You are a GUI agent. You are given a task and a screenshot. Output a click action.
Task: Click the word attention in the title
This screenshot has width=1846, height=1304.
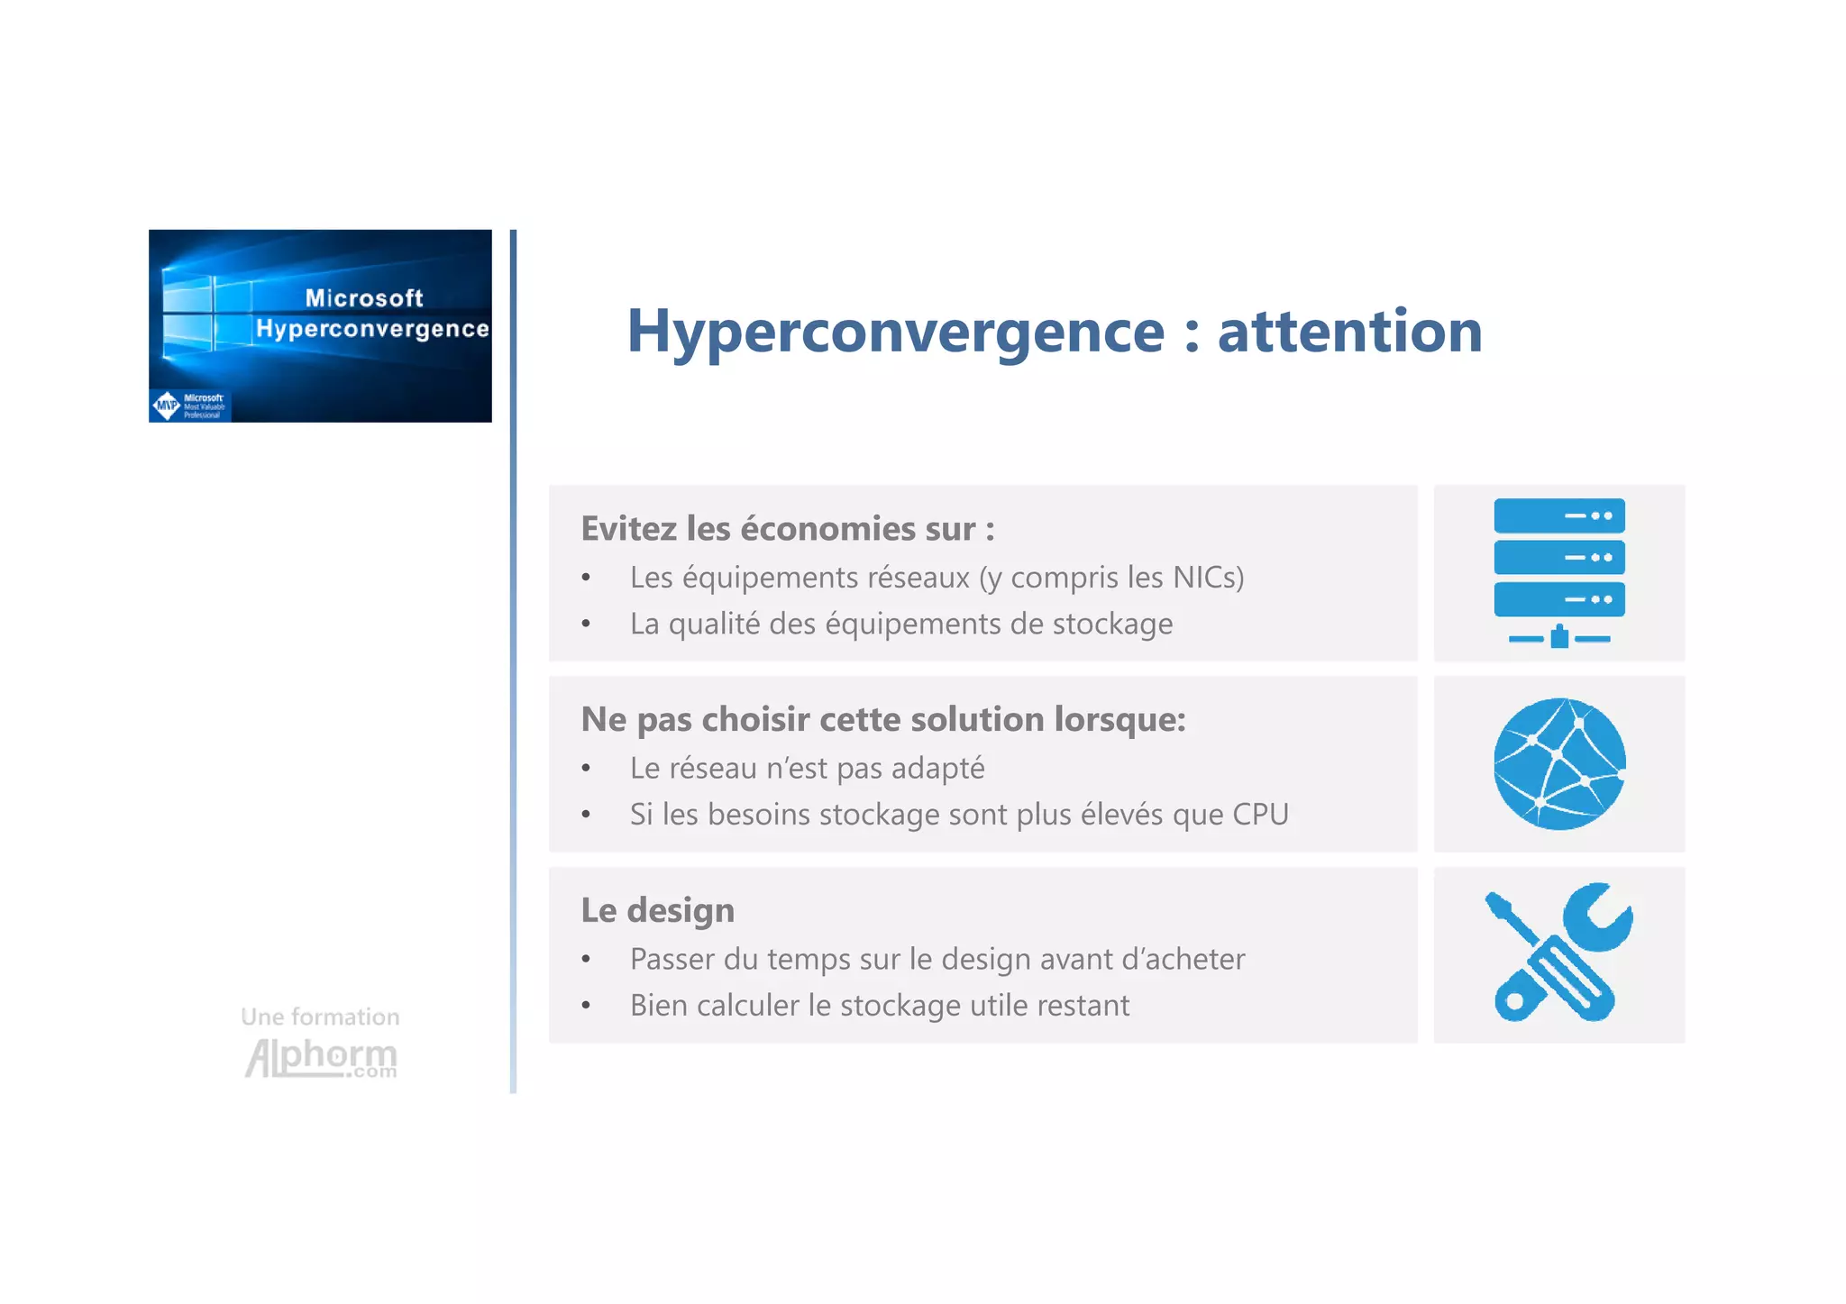coord(1349,331)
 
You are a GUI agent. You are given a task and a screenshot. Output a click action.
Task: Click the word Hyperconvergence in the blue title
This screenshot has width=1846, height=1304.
coord(895,333)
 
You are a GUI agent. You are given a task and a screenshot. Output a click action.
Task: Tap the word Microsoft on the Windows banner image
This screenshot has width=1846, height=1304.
coord(363,298)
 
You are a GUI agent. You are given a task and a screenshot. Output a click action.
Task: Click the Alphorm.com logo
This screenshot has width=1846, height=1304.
coord(321,1058)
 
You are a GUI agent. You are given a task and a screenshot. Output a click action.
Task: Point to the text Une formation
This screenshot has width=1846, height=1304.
coord(320,1017)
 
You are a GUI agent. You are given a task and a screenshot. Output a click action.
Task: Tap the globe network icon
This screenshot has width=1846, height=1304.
coord(1558,763)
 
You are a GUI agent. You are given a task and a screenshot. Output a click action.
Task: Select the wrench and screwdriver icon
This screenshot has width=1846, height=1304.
coord(1558,953)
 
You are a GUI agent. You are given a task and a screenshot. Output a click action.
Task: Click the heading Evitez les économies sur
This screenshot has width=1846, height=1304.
coord(787,529)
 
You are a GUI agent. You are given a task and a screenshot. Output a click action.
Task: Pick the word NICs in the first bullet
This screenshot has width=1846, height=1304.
coord(1207,577)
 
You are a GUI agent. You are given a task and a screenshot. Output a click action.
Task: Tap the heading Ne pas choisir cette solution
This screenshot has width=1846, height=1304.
coord(882,719)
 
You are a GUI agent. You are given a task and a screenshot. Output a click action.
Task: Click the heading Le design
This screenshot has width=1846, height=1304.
coord(657,910)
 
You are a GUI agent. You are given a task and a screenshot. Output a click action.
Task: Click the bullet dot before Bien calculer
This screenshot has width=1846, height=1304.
coord(586,1006)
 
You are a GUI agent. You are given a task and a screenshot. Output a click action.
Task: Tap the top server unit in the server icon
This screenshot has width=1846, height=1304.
coord(1558,515)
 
